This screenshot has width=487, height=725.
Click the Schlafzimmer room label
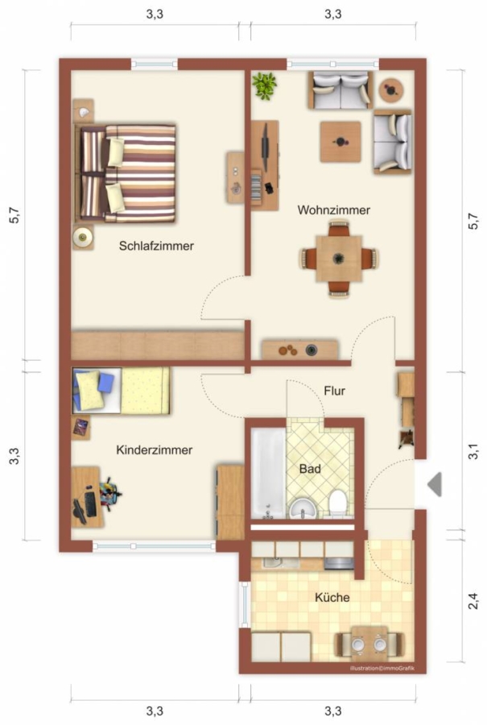(x=156, y=246)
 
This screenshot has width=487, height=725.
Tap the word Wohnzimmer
(x=333, y=210)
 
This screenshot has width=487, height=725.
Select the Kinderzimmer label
(x=155, y=449)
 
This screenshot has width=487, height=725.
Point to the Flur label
(x=335, y=391)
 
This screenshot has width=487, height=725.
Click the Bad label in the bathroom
(x=310, y=469)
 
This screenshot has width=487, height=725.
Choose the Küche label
(x=332, y=598)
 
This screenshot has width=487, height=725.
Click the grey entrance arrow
(x=435, y=485)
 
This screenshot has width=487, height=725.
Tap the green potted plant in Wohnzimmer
(x=264, y=85)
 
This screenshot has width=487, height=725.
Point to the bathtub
(x=268, y=474)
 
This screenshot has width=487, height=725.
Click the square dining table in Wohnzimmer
(x=339, y=259)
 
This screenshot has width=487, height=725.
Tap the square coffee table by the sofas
(x=340, y=142)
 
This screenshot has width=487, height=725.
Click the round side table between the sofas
(x=392, y=90)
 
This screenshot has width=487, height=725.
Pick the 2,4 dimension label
(x=473, y=601)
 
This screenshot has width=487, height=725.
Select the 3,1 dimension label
(x=473, y=451)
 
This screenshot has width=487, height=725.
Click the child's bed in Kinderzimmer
(x=121, y=391)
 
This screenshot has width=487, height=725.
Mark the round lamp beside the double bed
(x=83, y=237)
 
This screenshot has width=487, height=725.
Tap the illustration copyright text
(x=382, y=669)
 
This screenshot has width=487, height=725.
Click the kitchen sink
(x=274, y=563)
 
